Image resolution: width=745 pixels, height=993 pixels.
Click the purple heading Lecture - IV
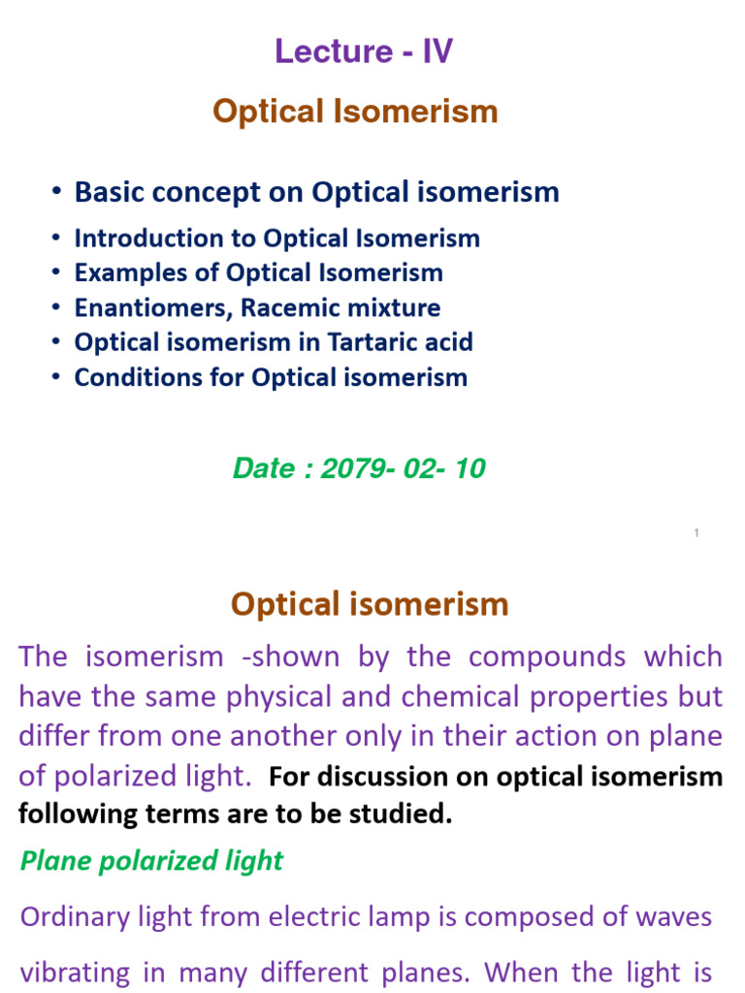pos(363,51)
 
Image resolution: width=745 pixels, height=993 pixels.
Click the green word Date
pos(263,469)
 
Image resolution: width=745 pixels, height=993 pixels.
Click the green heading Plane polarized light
pos(151,861)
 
